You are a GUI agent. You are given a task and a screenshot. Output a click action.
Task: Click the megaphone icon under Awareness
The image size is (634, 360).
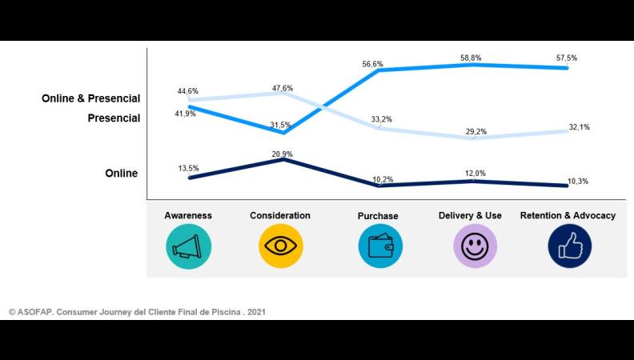188,246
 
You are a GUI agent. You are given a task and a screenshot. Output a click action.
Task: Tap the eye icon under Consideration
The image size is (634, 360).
281,246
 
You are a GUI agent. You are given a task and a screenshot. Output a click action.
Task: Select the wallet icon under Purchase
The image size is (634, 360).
380,246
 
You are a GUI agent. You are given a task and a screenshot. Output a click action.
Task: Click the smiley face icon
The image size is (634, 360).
475,246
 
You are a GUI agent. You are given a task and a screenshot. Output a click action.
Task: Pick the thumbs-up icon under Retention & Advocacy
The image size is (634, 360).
569,246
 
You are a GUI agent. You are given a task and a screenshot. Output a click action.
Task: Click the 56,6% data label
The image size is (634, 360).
372,64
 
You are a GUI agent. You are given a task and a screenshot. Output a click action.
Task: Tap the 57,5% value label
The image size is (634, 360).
566,58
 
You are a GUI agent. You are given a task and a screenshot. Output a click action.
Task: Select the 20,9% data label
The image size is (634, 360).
283,154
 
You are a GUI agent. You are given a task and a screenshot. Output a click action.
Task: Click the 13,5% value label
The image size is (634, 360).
188,168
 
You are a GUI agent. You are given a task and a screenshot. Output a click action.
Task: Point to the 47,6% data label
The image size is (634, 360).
282,89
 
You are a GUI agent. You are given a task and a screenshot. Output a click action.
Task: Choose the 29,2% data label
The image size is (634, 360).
475,132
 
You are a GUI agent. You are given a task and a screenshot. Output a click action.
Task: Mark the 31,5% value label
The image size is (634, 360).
279,125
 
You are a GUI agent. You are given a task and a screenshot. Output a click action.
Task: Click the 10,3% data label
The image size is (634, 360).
578,182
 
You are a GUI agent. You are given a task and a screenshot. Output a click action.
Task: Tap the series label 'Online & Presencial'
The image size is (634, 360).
90,98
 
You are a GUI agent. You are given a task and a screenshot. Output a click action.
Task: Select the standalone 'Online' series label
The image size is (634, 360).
121,174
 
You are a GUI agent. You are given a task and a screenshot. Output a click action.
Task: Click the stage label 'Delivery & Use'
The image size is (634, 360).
470,216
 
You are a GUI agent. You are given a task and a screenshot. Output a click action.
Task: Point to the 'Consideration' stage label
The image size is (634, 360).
280,216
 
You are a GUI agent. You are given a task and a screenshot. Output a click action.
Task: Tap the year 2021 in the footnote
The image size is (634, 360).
255,312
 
